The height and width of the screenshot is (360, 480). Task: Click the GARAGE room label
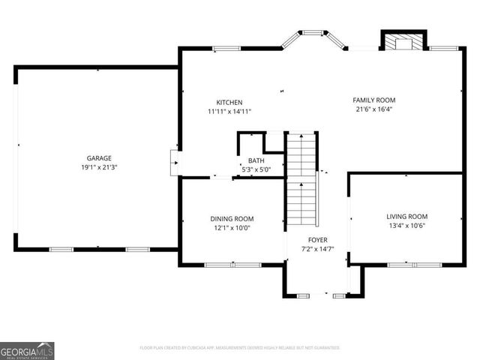click(x=98, y=158)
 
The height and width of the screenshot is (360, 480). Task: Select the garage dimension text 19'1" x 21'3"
click(x=98, y=168)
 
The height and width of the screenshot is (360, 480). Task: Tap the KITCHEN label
click(x=229, y=103)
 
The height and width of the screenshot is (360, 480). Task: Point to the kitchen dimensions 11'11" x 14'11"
click(x=229, y=112)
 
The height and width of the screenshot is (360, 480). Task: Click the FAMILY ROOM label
click(x=374, y=100)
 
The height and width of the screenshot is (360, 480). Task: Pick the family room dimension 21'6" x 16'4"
click(x=374, y=109)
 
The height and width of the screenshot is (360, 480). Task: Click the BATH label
click(x=256, y=160)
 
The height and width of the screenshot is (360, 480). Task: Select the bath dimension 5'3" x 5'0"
click(x=256, y=169)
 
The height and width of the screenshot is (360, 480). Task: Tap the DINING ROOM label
click(x=232, y=218)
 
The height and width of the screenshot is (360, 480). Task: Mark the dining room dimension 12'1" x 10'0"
click(x=232, y=228)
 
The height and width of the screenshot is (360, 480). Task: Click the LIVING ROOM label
click(x=407, y=216)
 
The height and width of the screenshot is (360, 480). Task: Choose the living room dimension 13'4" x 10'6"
click(x=407, y=226)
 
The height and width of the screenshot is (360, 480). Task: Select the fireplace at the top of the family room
click(x=403, y=43)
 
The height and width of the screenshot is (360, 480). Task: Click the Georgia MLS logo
click(x=27, y=350)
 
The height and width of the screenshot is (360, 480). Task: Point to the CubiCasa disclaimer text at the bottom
click(x=240, y=348)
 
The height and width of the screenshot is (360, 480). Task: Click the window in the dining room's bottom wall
click(x=232, y=265)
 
